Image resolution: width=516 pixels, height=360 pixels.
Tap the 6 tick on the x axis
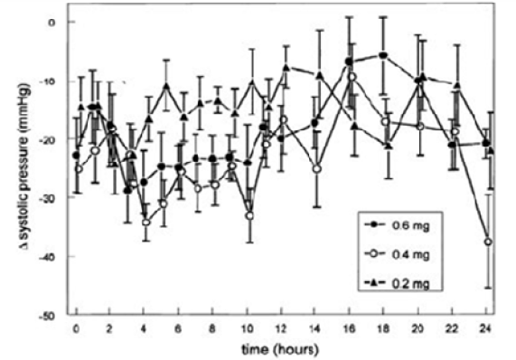coord(180,327)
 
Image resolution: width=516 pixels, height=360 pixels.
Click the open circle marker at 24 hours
coord(489,242)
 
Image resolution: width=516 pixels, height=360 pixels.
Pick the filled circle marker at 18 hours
coord(385,55)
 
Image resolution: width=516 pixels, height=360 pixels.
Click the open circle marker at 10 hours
coord(249,215)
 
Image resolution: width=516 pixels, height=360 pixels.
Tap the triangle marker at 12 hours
coord(286,68)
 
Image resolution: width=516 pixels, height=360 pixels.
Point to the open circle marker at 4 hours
coord(146,222)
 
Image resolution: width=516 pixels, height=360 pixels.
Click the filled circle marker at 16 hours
coord(351,61)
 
